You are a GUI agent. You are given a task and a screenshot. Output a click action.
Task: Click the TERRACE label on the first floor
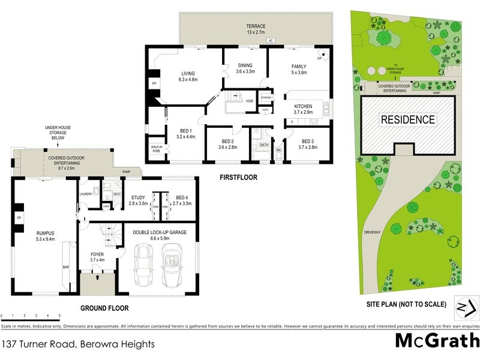[x=255, y=26]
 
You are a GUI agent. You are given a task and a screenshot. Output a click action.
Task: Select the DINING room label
[x=244, y=65]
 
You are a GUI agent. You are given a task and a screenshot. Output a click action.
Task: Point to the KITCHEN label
[x=304, y=106]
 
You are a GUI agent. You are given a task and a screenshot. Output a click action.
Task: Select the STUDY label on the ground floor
[x=138, y=197]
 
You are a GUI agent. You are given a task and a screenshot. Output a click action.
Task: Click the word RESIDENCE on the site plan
[x=408, y=119]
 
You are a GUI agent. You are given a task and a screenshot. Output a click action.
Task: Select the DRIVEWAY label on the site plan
[x=373, y=232]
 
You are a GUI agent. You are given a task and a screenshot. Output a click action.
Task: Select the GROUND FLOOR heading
[x=104, y=308]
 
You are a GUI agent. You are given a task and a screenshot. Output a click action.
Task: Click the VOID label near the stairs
[x=250, y=101]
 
